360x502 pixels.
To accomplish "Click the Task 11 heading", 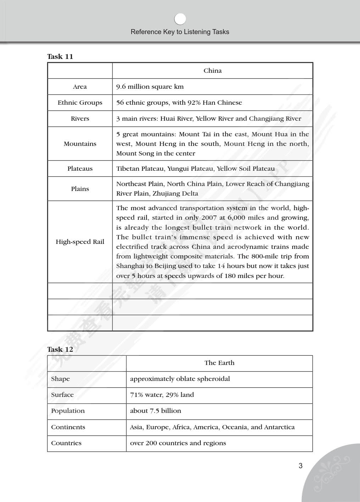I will (x=60, y=56).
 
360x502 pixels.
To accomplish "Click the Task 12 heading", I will (x=60, y=349).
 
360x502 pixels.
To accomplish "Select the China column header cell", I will (x=212, y=71).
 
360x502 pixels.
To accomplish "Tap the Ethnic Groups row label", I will (x=80, y=103).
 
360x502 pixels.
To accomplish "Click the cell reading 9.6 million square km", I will (x=150, y=87).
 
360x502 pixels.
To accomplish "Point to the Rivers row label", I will (x=80, y=119).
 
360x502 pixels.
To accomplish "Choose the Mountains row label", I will (x=80, y=144).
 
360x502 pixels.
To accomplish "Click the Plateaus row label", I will (x=80, y=169).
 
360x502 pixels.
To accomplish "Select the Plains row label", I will (x=80, y=189).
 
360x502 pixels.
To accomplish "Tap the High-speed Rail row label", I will (x=80, y=242).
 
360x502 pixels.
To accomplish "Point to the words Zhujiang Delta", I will (x=175, y=193).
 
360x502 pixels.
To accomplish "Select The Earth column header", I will (x=219, y=363).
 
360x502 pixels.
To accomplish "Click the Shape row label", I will (x=60, y=379).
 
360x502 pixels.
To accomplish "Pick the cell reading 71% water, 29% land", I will (x=162, y=395).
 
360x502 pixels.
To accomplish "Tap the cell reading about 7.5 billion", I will (x=155, y=411).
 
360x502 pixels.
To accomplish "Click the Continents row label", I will (x=68, y=427).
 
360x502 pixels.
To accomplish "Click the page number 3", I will (x=300, y=466).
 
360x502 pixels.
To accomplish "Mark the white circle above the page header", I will (x=180, y=19).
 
